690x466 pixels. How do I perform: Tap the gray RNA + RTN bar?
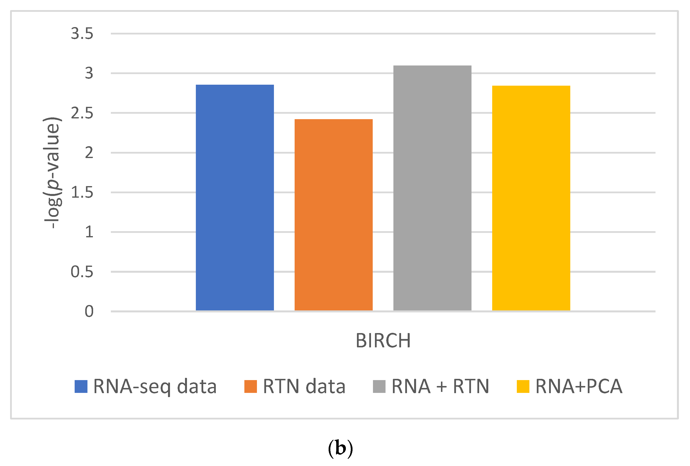tap(432, 188)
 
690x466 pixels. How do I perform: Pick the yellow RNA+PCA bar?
tap(531, 198)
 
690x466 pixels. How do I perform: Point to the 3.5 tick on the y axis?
tap(82, 33)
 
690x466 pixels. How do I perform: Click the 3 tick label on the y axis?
tap(89, 73)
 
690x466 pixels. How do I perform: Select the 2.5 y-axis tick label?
tap(82, 113)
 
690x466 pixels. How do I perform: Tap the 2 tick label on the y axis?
tap(89, 153)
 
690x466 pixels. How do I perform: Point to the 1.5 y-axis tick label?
tap(82, 193)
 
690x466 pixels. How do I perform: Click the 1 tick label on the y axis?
tap(89, 232)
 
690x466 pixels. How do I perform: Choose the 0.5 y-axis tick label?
tap(82, 272)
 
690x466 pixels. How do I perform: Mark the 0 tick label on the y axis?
tap(89, 311)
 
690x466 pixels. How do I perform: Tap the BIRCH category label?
tap(383, 340)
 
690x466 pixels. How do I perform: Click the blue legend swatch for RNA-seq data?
tap(81, 386)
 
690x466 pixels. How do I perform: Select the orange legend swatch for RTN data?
tap(250, 386)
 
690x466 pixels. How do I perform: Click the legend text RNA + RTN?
tap(440, 386)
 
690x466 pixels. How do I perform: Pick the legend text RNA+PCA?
tap(579, 386)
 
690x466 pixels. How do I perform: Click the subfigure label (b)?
tap(340, 449)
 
